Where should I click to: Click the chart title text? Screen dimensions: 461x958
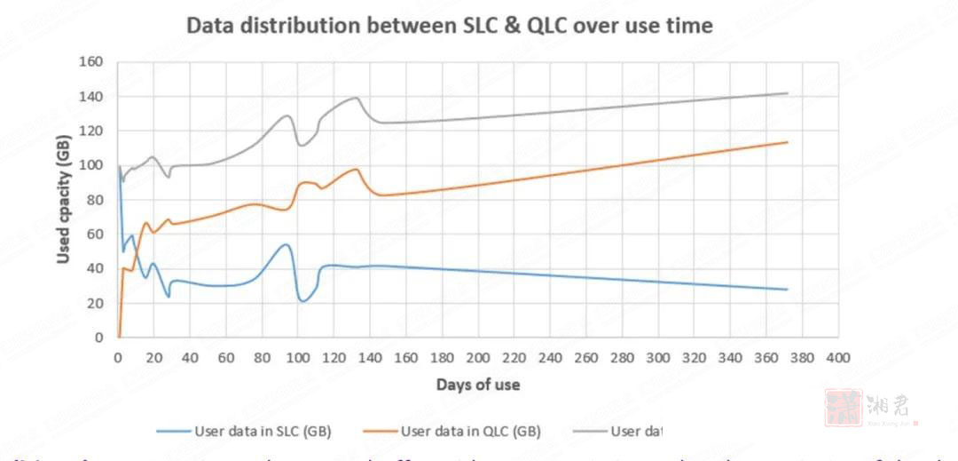point(449,26)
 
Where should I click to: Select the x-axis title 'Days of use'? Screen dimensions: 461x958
point(477,385)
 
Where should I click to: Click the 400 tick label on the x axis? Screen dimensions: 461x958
point(838,357)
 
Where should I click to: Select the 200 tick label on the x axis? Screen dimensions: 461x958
point(477,357)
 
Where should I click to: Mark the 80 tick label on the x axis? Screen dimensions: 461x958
point(262,357)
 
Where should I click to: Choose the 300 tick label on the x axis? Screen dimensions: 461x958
point(658,357)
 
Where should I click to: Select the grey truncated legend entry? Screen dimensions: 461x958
point(637,432)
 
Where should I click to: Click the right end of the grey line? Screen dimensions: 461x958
point(787,93)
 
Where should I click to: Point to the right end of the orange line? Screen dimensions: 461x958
point(787,142)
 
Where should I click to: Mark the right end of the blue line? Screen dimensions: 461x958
point(787,290)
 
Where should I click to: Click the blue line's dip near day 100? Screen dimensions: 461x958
point(302,301)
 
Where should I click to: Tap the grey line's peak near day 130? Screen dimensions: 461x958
point(356,98)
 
